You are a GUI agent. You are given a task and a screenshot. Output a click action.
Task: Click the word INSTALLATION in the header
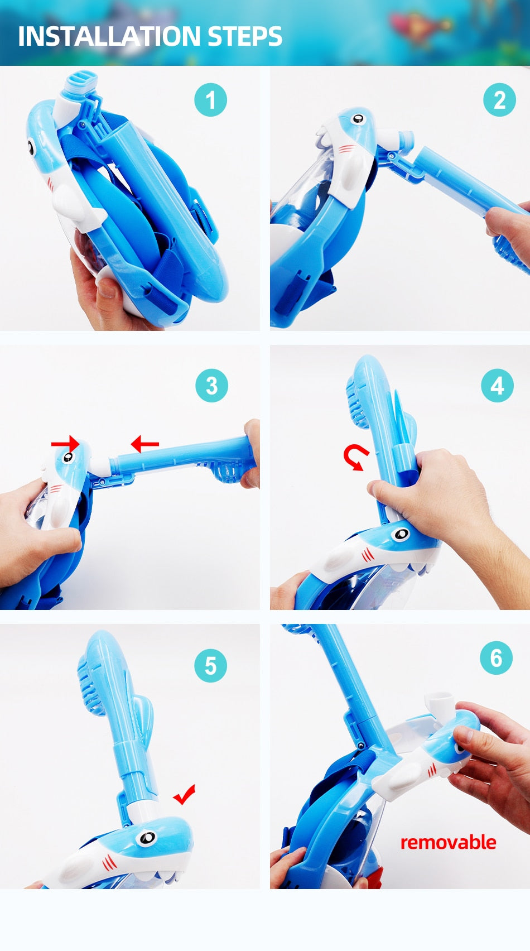click(x=109, y=36)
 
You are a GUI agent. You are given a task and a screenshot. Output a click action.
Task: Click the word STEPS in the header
click(x=245, y=36)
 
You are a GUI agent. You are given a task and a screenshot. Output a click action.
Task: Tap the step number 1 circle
click(x=210, y=100)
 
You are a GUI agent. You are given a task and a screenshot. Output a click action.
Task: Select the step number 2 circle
click(x=499, y=100)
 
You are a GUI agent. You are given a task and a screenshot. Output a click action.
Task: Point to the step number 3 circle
click(x=211, y=386)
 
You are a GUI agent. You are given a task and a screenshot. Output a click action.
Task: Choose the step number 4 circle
click(x=497, y=386)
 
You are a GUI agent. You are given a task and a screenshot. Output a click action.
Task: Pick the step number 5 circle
click(x=210, y=666)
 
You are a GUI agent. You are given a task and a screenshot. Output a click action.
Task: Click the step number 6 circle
click(x=497, y=658)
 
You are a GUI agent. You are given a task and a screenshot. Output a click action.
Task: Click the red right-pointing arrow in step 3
click(x=65, y=444)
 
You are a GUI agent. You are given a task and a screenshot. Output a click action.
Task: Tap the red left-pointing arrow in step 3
click(x=144, y=444)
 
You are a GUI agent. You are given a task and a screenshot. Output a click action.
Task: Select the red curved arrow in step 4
click(x=355, y=457)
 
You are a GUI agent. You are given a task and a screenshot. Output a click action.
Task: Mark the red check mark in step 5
click(x=185, y=794)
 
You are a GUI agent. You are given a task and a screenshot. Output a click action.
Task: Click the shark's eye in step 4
click(x=401, y=534)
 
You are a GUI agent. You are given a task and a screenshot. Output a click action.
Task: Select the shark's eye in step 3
click(x=68, y=457)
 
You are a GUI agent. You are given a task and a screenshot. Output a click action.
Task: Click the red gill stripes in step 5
click(x=109, y=862)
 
